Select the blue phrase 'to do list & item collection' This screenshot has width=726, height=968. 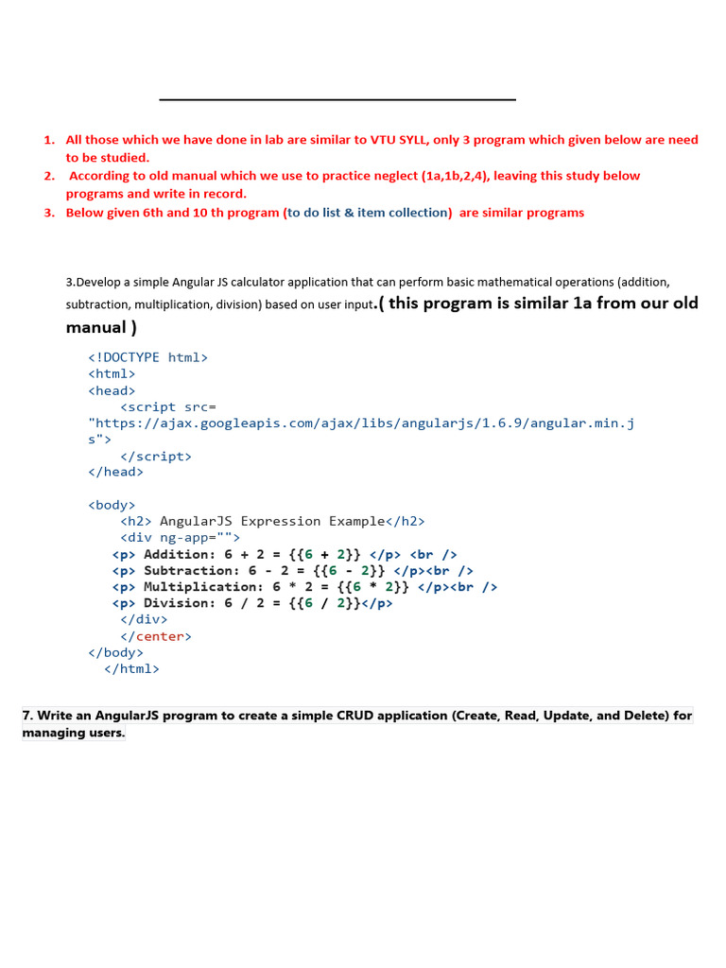368,213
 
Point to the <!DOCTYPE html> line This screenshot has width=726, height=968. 147,357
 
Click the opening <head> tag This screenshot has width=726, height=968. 112,390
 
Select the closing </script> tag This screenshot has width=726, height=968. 155,456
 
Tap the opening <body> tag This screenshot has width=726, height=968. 112,505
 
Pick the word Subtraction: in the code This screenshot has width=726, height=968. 192,570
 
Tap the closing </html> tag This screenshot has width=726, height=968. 131,668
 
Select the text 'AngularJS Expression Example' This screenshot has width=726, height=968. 272,521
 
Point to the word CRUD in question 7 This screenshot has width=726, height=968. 353,716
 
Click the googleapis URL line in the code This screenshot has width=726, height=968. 361,423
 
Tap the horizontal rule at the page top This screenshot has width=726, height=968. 337,99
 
